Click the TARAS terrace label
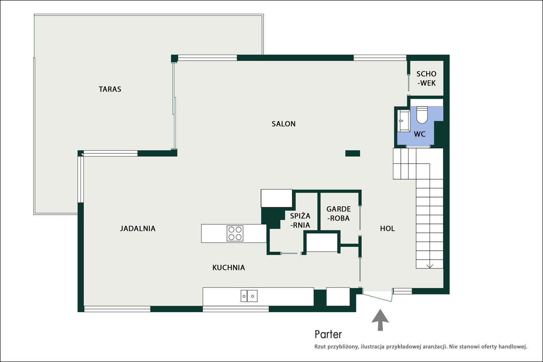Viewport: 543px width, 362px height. click(110, 89)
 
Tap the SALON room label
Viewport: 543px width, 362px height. click(283, 124)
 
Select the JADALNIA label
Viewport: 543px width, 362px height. click(138, 228)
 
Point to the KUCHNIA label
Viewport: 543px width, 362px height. click(229, 267)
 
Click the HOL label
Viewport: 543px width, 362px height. click(387, 228)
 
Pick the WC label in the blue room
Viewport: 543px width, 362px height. click(419, 134)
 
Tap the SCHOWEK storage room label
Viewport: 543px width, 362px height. click(426, 78)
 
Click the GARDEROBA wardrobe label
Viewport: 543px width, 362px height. click(338, 213)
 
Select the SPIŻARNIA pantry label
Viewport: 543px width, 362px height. click(300, 220)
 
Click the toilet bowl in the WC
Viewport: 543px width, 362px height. click(422, 115)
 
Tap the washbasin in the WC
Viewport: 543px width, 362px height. click(404, 121)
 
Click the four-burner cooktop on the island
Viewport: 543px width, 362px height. click(235, 233)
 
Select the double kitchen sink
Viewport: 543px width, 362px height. click(249, 296)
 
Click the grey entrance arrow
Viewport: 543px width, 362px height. click(380, 320)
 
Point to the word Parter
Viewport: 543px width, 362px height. click(328, 335)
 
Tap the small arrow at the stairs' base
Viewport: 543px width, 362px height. click(430, 266)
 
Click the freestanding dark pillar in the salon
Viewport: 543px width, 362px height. click(353, 153)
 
